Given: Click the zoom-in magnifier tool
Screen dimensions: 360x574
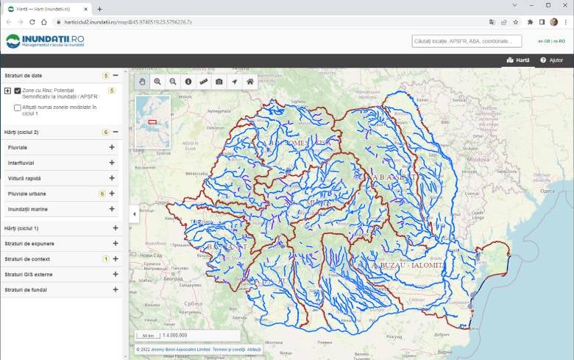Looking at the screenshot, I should tap(157, 82).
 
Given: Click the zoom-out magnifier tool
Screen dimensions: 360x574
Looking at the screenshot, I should tap(173, 82).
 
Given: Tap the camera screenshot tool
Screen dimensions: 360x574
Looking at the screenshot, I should tap(219, 82).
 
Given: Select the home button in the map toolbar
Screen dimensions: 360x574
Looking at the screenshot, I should tap(250, 82).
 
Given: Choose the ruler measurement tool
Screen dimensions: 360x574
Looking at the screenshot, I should tap(204, 82).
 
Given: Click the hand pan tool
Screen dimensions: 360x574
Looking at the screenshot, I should tap(142, 82).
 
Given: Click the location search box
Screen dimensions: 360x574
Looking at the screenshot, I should tap(467, 41).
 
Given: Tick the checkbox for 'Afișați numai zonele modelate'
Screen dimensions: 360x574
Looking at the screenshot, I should tap(18, 107).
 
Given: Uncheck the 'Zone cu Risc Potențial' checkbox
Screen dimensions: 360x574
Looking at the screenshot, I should tap(18, 91).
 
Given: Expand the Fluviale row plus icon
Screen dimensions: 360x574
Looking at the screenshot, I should tap(112, 147).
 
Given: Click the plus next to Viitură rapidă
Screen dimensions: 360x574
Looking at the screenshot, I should tap(112, 178).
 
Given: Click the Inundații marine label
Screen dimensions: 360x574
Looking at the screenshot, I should tap(33, 209).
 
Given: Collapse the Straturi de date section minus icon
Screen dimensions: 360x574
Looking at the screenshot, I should tap(116, 75).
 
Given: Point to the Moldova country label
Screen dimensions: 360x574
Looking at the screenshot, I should tap(478, 159).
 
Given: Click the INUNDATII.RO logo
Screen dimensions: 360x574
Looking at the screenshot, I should tap(45, 41).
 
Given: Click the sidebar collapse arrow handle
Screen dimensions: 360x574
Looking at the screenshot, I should tap(134, 214).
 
